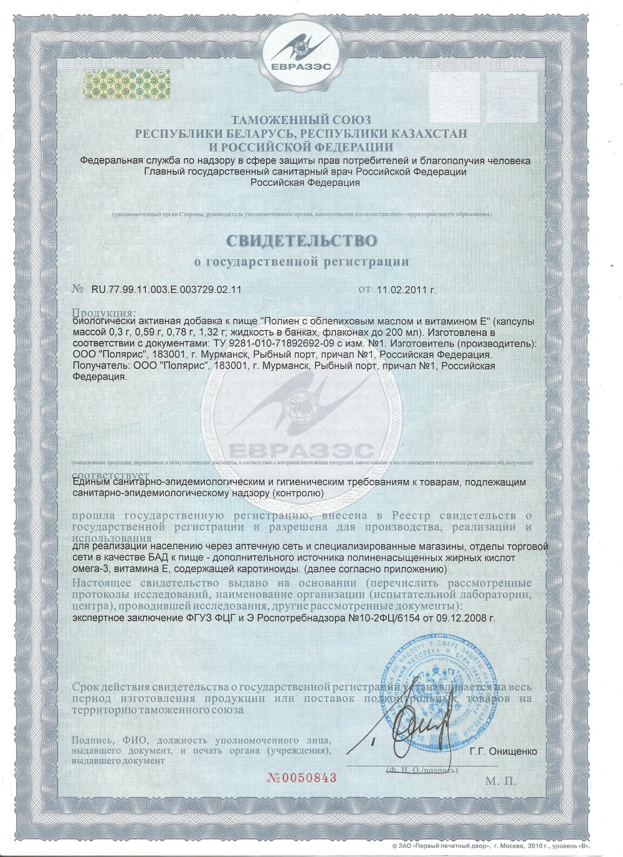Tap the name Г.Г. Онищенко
[x=503, y=751]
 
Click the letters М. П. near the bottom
[x=500, y=781]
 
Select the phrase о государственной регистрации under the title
[x=302, y=262]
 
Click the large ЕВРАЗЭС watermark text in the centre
[x=302, y=450]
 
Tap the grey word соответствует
[x=106, y=473]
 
